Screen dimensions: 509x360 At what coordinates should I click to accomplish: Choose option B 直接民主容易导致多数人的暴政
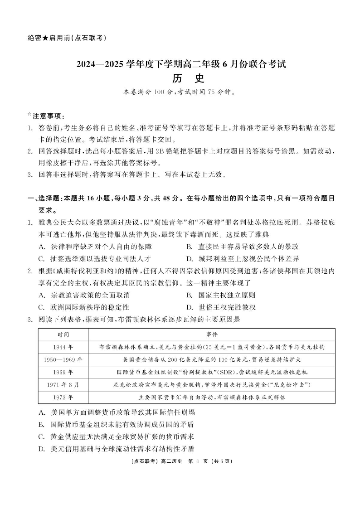[x=242, y=247]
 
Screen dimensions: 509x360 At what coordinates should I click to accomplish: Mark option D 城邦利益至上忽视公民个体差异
[x=242, y=259]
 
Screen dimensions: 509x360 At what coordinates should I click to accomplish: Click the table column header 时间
[x=63, y=334]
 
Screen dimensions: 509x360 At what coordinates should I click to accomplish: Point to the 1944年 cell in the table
[x=63, y=347]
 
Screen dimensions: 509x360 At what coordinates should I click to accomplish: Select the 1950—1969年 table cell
[x=63, y=359]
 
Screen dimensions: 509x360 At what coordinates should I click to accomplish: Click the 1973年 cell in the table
[x=63, y=397]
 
